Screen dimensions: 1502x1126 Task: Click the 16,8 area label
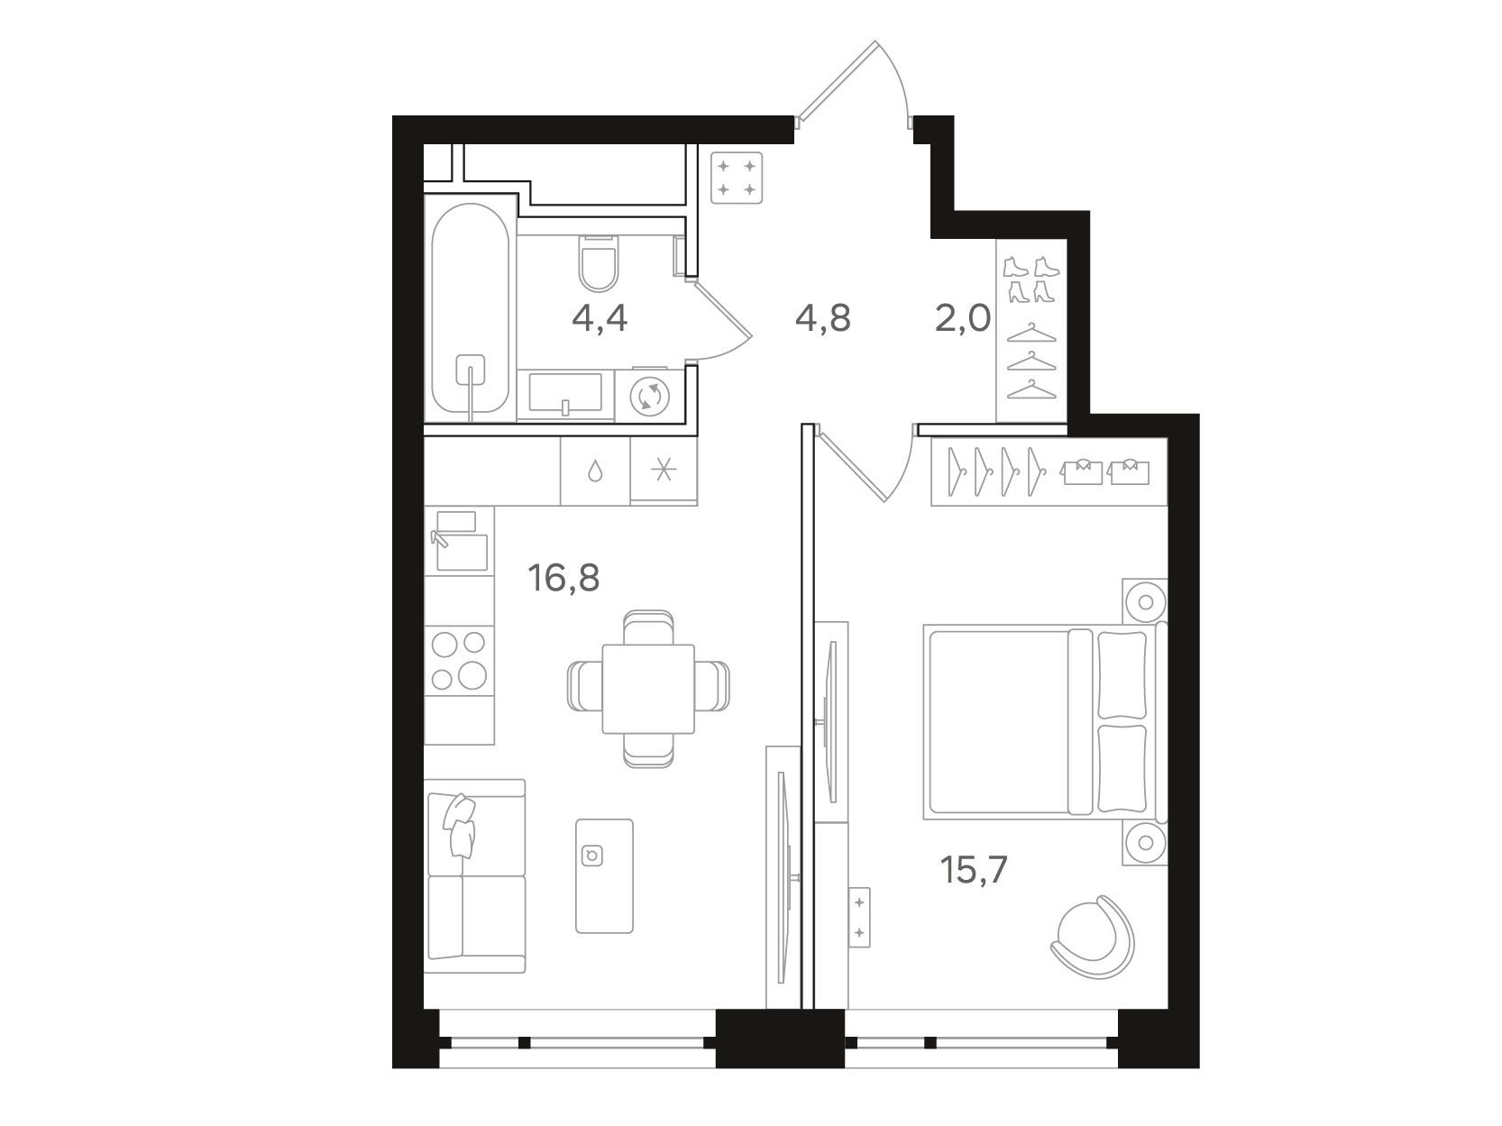[x=563, y=578]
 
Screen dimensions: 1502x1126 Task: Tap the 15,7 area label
[x=973, y=870]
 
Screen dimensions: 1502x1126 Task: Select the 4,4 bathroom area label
[x=600, y=319]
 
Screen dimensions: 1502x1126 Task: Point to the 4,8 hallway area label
[x=822, y=319]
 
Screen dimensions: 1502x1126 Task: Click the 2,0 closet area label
[x=963, y=319]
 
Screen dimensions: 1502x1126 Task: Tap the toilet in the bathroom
[x=598, y=262]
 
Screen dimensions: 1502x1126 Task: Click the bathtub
[x=470, y=308]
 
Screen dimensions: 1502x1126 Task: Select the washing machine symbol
[x=649, y=397]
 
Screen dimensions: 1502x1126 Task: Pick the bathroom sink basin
[x=565, y=393]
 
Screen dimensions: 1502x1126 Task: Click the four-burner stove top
[x=459, y=661]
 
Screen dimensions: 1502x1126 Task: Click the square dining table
[x=648, y=688]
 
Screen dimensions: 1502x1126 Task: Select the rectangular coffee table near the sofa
[x=604, y=876]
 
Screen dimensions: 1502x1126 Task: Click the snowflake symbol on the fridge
[x=663, y=470]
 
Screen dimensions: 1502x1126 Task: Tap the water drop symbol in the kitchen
[x=595, y=471]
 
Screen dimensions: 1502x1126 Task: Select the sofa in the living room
[x=475, y=875]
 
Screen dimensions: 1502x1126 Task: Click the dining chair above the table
[x=648, y=627]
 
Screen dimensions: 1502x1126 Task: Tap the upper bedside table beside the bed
[x=1145, y=602]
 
